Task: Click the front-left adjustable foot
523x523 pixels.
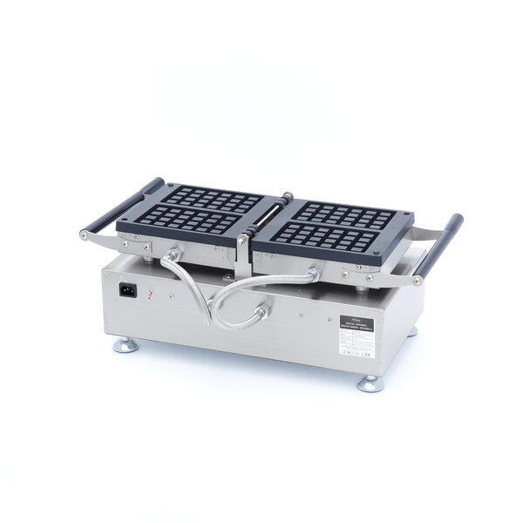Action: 126,346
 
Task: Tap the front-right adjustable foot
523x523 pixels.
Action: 368,383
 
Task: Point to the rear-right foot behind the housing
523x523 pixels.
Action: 411,331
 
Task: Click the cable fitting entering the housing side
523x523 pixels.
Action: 259,309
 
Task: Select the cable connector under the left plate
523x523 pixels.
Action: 171,255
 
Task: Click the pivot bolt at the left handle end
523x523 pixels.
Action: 84,234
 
